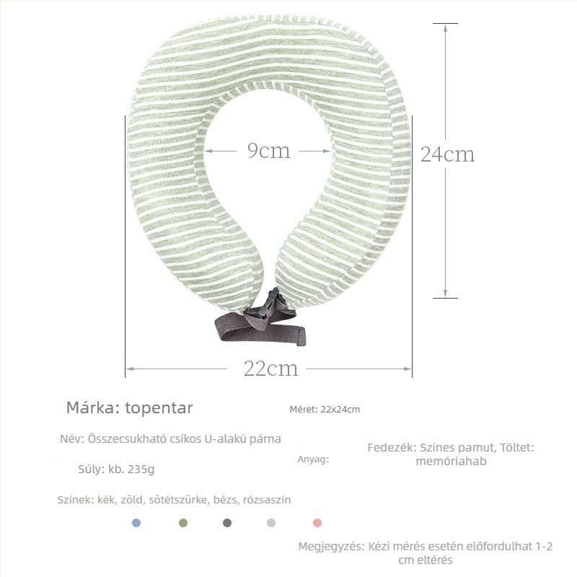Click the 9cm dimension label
pos(268,151)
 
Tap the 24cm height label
pos(447,154)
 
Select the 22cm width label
pos(270,369)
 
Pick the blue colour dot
pos(136,523)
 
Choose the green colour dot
pos(183,523)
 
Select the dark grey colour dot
pos(227,523)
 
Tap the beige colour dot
pos(271,523)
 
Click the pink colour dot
pos(317,523)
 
